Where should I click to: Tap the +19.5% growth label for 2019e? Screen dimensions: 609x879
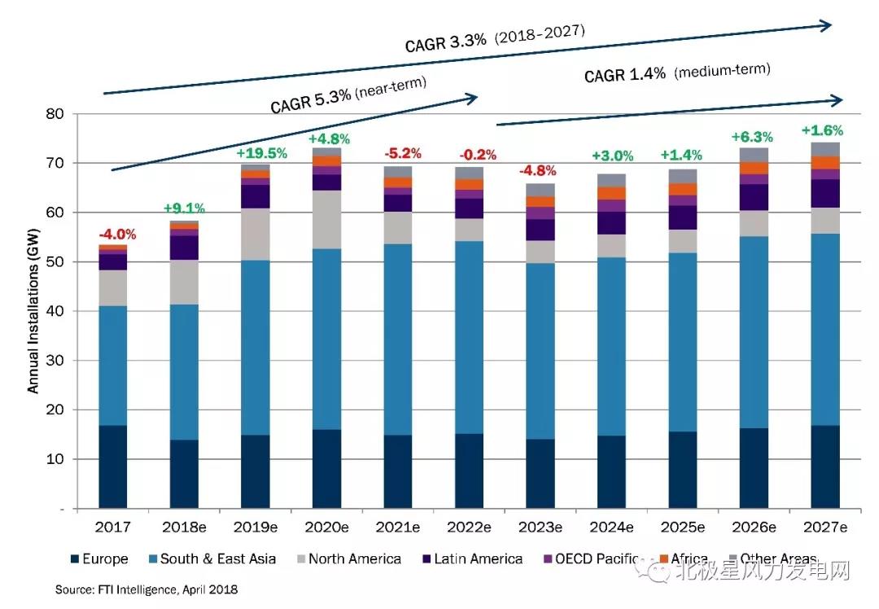261,153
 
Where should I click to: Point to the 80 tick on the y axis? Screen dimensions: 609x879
56,114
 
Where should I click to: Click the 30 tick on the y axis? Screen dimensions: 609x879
56,361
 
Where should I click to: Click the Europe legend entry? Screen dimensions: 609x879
98,559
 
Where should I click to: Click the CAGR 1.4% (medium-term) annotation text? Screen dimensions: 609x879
676,73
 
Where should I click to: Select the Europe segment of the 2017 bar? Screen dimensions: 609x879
113,467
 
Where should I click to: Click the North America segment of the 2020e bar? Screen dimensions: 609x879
327,220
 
